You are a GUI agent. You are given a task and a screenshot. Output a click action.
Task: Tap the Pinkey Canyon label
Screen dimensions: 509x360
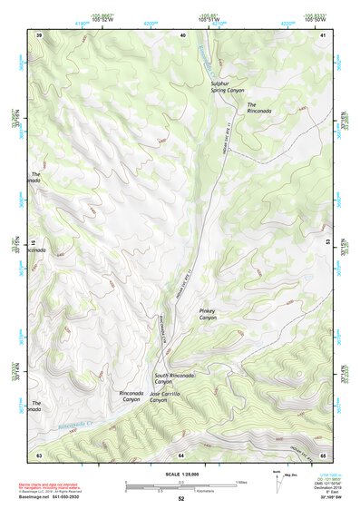tap(209, 314)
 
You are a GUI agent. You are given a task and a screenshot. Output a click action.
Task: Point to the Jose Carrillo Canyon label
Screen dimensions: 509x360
tap(171, 396)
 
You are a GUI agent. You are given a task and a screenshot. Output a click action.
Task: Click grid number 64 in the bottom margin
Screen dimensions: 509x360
tap(181, 454)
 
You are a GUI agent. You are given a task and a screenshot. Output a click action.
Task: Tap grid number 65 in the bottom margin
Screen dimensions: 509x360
tap(324, 454)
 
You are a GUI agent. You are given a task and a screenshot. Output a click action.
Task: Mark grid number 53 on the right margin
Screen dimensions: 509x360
tap(328, 242)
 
